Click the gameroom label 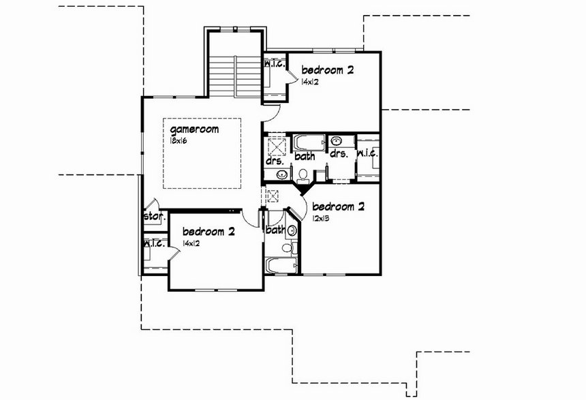194,129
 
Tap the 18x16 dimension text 179,141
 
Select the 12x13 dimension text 321,218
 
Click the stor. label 155,216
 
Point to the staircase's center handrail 235,76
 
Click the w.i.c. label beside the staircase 275,64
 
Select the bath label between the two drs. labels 305,156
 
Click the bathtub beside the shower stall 309,142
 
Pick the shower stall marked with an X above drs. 277,147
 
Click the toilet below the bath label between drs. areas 303,176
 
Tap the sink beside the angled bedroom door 292,230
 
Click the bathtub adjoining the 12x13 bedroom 281,266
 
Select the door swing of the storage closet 152,204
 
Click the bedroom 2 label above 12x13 338,206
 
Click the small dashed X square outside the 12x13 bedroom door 273,196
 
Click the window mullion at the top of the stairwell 235,29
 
